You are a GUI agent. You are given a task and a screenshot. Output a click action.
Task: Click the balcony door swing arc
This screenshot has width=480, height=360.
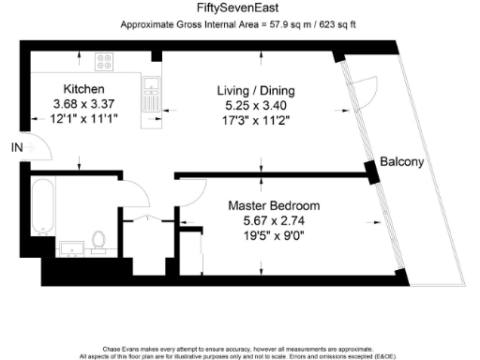click(x=367, y=89)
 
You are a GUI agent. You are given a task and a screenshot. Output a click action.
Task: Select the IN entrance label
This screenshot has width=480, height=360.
click(x=15, y=148)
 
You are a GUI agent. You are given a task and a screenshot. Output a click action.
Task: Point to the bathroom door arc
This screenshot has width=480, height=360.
click(x=136, y=193)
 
